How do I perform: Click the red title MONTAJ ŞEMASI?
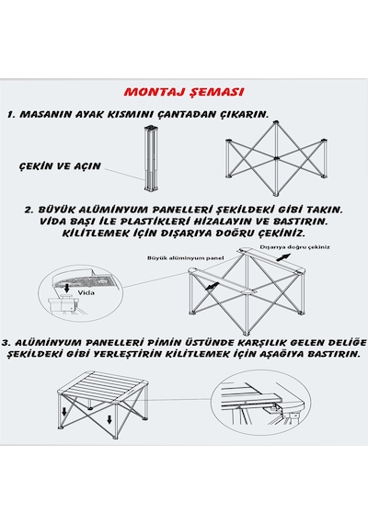point(184,92)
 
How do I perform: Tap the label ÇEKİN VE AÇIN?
point(60,165)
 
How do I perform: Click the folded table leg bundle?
point(150,159)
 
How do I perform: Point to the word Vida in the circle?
point(86,292)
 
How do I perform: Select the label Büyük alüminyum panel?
point(185,258)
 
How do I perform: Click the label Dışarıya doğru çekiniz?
point(295,247)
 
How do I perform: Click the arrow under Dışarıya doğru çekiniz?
point(283,257)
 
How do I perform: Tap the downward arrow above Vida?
point(67,288)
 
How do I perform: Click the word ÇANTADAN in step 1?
point(186,114)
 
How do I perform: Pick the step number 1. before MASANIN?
point(12,115)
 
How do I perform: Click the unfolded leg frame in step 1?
point(275,159)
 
